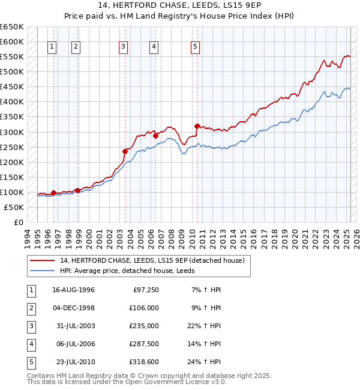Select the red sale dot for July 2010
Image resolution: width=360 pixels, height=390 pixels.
(x=197, y=126)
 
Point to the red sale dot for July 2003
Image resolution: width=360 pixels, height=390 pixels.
(x=125, y=151)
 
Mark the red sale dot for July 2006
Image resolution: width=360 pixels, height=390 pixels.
(x=155, y=136)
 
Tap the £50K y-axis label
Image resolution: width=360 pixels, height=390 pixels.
(x=14, y=207)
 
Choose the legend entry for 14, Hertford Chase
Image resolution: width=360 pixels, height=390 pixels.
(x=152, y=261)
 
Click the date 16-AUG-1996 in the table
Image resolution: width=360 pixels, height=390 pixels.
(x=74, y=290)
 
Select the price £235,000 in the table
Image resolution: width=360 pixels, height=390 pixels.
(x=144, y=326)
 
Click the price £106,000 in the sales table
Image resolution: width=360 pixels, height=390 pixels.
(x=144, y=308)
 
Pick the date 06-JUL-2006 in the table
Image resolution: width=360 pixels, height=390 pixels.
(x=74, y=344)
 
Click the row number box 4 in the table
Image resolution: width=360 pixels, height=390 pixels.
(x=29, y=344)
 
